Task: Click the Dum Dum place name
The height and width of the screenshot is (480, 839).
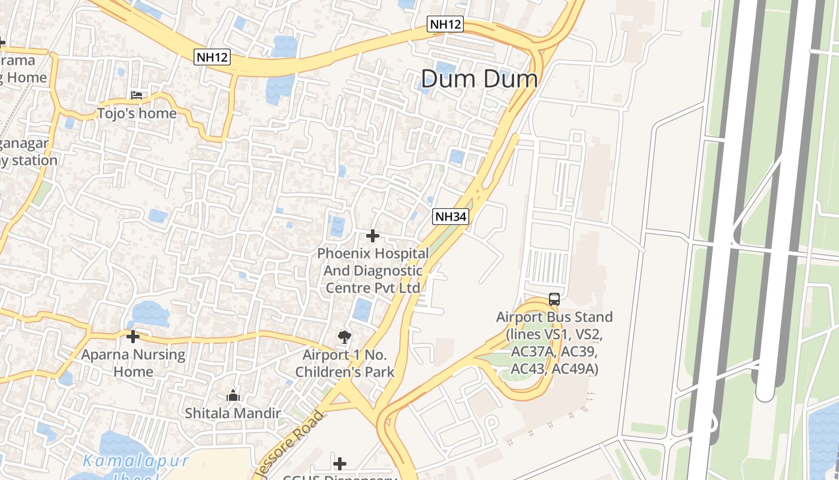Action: coord(479,79)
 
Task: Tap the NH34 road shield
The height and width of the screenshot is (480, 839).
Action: coord(450,217)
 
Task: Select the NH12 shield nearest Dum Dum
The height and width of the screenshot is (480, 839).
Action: coord(445,25)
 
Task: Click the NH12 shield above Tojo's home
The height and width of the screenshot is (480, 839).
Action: coord(212,58)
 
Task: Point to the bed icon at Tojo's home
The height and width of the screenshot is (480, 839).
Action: coord(137,95)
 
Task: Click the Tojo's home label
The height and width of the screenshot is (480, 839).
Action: coord(137,113)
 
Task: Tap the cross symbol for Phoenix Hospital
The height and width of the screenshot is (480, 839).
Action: coord(373,236)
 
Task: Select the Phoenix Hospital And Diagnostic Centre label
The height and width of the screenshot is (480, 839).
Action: coord(373,271)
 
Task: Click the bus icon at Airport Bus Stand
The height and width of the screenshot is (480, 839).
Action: coord(554,299)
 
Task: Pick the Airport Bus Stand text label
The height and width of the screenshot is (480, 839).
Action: coord(554,343)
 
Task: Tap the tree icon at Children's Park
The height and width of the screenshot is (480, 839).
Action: coord(345,337)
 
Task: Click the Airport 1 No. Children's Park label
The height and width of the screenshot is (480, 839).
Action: coord(345,363)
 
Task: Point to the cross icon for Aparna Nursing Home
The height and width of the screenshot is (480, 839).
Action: coord(133,337)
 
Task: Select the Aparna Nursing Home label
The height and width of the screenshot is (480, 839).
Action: coord(133,362)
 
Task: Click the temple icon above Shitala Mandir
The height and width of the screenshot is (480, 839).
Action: coord(233,396)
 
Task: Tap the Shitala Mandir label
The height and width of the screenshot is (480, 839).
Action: coord(233,413)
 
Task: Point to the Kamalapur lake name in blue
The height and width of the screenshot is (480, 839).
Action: coord(136,461)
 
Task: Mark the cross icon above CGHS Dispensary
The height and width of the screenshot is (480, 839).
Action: coord(340,463)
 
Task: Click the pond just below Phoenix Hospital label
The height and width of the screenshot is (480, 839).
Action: coord(363,309)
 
